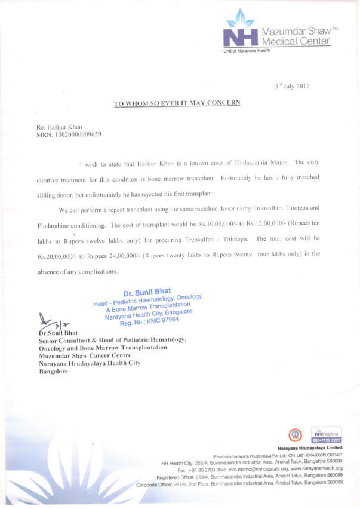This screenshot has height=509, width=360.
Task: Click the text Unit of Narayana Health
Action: coord(247,50)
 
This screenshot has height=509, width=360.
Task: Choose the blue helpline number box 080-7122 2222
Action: coord(326,440)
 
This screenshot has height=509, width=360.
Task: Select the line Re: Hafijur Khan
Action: coord(60,127)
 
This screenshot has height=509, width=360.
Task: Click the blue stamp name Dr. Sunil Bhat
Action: coord(147,293)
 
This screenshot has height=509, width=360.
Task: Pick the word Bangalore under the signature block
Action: coord(53,371)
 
